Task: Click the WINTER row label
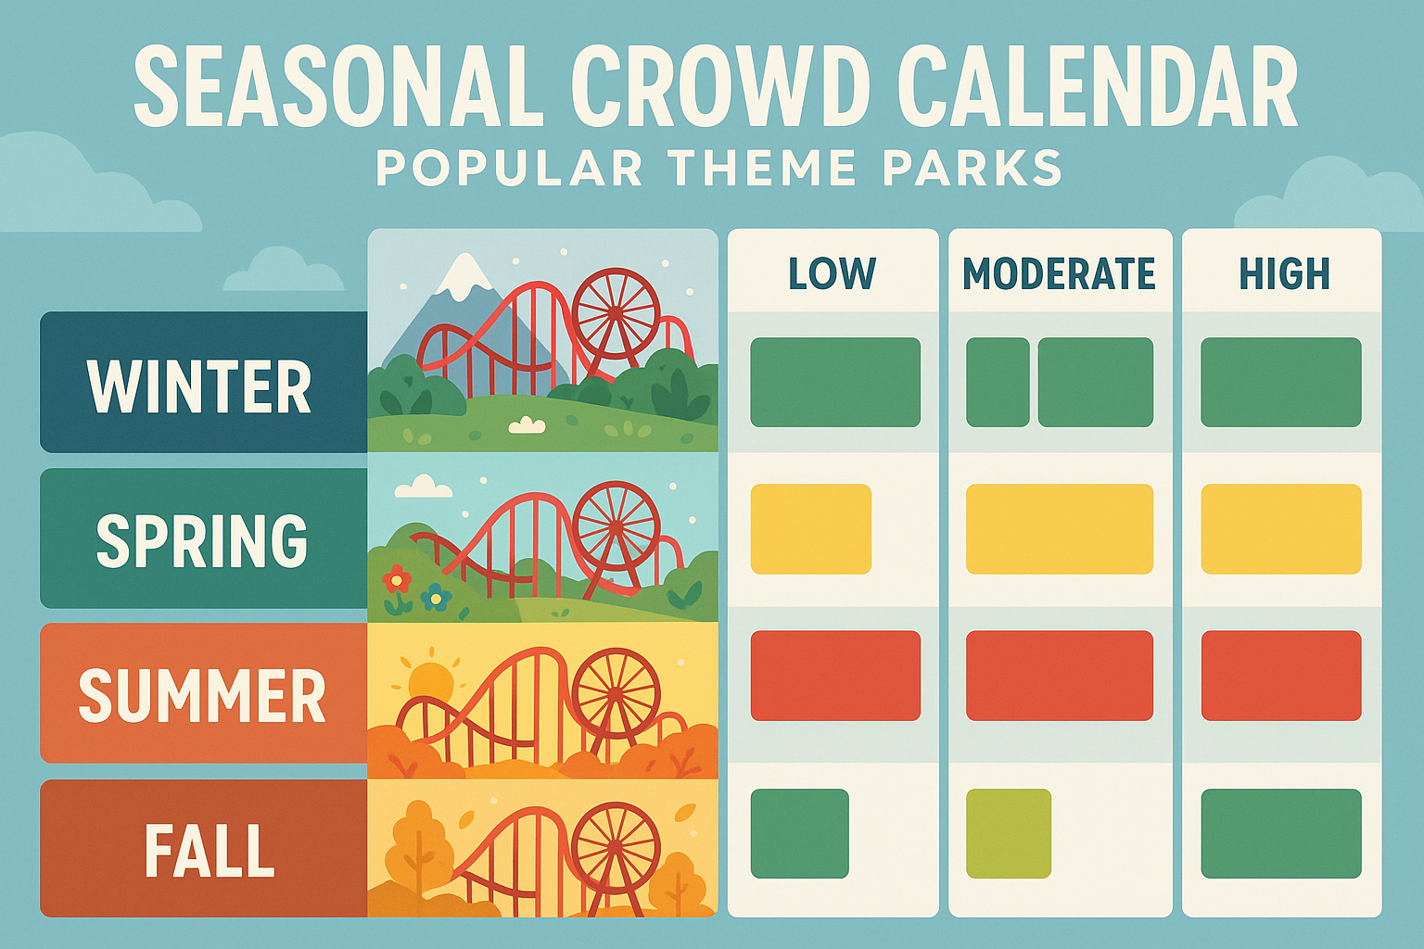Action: pyautogui.click(x=200, y=386)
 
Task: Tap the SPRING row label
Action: pyautogui.click(x=202, y=540)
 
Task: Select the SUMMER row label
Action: pyautogui.click(x=202, y=695)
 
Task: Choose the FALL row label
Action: pyautogui.click(x=210, y=850)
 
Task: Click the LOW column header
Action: pyautogui.click(x=832, y=274)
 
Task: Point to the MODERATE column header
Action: pyautogui.click(x=1059, y=274)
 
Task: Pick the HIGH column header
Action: pyautogui.click(x=1284, y=274)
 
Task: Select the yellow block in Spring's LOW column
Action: pyautogui.click(x=810, y=529)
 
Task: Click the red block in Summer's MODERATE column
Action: pyautogui.click(x=1059, y=676)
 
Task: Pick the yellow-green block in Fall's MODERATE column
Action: pyautogui.click(x=1008, y=833)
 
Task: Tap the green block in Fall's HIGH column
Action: pyautogui.click(x=1280, y=833)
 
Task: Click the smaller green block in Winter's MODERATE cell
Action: pyautogui.click(x=998, y=382)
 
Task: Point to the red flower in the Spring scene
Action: pyautogui.click(x=397, y=580)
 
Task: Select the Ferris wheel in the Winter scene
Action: pyautogui.click(x=616, y=313)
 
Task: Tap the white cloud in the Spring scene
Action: pyautogui.click(x=424, y=487)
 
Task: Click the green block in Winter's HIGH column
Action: pyautogui.click(x=1280, y=382)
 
